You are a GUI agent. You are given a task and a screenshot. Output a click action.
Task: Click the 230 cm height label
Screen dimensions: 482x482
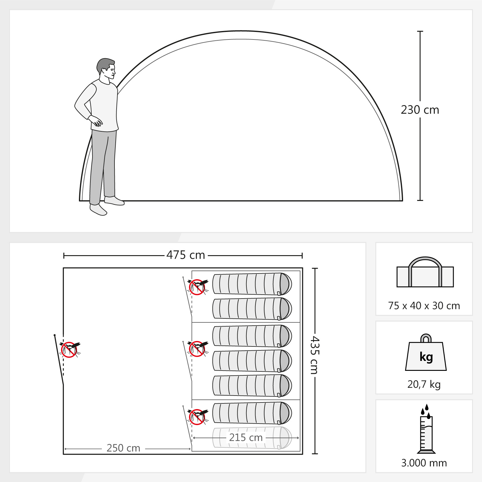[420, 110]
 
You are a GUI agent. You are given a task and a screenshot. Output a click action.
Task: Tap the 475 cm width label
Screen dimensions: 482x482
[186, 255]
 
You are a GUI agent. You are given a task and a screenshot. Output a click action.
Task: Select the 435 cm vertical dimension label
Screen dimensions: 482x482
[315, 355]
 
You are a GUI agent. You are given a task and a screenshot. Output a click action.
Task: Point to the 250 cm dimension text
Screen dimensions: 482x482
[124, 448]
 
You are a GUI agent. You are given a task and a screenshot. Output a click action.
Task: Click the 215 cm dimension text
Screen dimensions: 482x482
[246, 437]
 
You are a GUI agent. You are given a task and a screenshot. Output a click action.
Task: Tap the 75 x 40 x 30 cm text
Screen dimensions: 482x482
[424, 306]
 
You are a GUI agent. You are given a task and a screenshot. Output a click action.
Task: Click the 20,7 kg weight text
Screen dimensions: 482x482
[424, 384]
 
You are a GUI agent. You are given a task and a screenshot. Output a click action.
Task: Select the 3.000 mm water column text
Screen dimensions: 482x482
[424, 463]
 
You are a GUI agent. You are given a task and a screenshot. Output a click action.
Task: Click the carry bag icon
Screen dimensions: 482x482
[425, 272]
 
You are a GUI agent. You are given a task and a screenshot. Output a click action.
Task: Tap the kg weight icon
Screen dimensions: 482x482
[426, 352]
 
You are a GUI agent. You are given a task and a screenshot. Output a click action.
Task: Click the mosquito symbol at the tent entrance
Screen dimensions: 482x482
[70, 349]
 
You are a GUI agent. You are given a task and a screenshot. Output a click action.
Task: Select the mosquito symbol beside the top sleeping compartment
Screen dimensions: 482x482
[198, 287]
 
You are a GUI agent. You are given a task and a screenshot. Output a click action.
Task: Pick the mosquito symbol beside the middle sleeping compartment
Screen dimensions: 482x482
[198, 349]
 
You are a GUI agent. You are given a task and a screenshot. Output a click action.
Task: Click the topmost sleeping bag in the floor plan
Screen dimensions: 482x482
[252, 284]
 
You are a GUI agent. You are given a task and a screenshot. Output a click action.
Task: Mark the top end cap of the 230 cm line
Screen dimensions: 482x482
[420, 31]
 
